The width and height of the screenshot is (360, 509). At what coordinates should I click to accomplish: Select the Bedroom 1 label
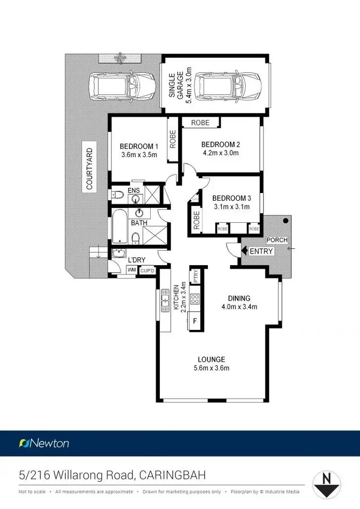[x=139, y=146]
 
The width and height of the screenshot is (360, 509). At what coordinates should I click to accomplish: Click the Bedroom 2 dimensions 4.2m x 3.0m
[x=220, y=153]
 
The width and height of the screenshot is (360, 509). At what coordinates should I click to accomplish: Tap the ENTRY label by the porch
[x=261, y=251]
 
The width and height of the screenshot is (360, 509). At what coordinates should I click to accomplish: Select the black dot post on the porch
[x=286, y=221]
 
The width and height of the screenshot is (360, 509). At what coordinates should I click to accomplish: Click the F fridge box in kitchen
[x=195, y=321]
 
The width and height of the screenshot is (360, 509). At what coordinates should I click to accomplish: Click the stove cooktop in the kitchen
[x=195, y=299]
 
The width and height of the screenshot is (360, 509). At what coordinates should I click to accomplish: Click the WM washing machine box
[x=132, y=270]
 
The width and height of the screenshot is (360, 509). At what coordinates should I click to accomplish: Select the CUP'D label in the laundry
[x=147, y=271]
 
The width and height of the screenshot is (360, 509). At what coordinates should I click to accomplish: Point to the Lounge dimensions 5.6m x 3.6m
[x=211, y=368]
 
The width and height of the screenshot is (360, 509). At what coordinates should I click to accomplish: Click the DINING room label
[x=239, y=298]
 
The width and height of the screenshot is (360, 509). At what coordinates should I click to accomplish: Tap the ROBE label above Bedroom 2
[x=200, y=122]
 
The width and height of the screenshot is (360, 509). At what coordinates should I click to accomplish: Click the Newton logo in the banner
[x=44, y=443]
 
